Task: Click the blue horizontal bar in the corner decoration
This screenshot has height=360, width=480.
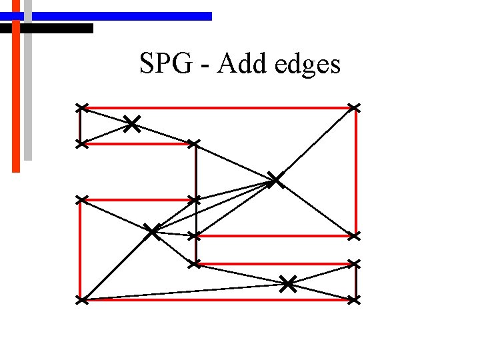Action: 120,16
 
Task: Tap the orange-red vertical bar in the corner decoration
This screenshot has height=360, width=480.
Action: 16,100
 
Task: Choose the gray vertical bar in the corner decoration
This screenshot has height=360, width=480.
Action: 28,93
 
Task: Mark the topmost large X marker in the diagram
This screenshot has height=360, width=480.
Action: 132,123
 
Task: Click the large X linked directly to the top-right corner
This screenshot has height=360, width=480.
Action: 275,179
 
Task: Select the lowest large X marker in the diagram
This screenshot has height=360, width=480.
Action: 287,284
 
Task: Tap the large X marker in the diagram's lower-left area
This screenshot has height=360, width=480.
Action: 153,231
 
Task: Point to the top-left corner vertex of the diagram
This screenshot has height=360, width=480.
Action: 81,107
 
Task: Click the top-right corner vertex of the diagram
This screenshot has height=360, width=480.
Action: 354,107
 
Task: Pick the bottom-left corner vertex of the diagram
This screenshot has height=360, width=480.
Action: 81,301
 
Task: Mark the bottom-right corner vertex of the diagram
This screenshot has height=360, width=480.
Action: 354,301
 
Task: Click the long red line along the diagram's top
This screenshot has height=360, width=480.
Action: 220,107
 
